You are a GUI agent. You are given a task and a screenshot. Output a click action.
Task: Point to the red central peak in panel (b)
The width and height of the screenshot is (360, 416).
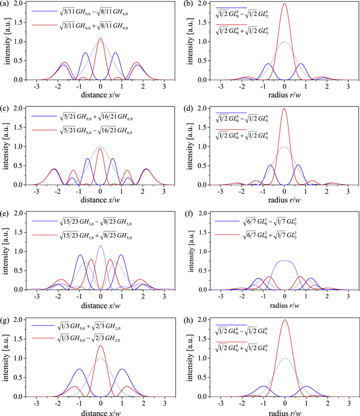(285, 5)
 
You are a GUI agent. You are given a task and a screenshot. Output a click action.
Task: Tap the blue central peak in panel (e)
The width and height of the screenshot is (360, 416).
(100, 246)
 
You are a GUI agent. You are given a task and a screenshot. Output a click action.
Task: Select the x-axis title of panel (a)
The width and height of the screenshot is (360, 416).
(100, 96)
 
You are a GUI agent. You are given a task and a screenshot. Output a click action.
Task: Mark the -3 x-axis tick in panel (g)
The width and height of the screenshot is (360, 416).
(37, 403)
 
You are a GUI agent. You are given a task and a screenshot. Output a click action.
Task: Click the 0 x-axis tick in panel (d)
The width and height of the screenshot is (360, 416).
(285, 193)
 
